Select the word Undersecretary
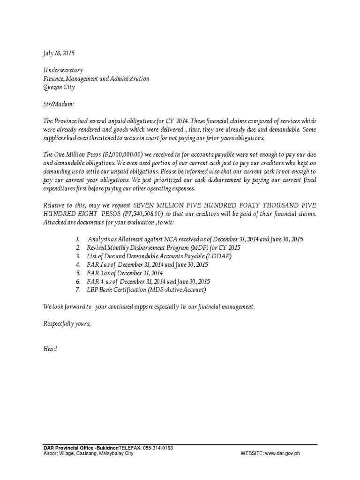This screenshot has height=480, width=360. pos(63,70)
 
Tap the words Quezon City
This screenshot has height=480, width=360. pos(59,87)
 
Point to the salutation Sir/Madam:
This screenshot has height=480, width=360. pos(59,104)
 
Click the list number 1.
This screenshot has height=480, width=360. pos(78,239)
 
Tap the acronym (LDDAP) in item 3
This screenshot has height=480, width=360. pos(220,256)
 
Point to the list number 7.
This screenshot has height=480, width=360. pos(78,290)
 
